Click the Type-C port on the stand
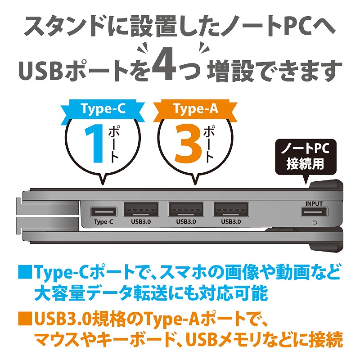(104, 212)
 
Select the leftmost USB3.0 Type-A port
(141, 209)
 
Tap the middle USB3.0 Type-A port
(186, 209)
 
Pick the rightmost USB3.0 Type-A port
(231, 209)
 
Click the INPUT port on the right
(315, 212)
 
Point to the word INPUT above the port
(314, 204)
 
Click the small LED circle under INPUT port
(315, 223)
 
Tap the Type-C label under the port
(103, 222)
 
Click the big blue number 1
(94, 144)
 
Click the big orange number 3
(189, 144)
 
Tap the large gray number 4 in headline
(164, 64)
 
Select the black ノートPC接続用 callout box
(306, 157)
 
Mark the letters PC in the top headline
(296, 27)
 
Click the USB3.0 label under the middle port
(186, 222)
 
